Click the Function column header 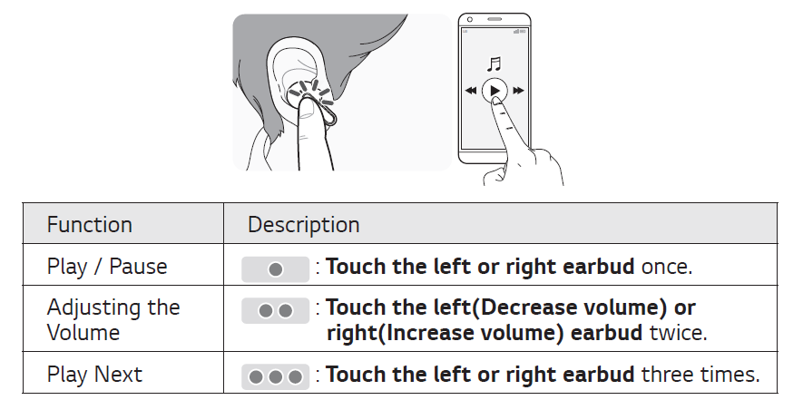coord(90,225)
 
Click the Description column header coord(304,225)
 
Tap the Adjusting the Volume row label coord(113,320)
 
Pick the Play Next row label coord(94,374)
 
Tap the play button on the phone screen coord(494,91)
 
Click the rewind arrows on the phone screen coord(470,91)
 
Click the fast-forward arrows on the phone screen coord(518,91)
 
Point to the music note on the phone coord(494,64)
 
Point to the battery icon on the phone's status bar coord(524,30)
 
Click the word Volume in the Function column coord(83,333)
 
